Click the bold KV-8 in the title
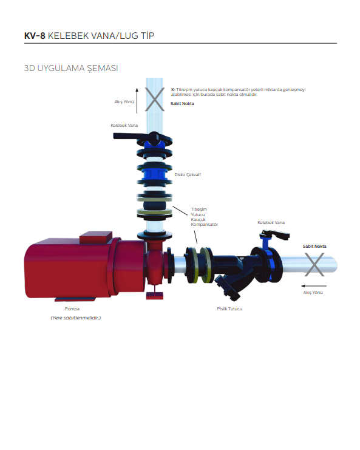click(35, 36)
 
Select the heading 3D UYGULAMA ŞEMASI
click(71, 68)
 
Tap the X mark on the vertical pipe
click(155, 100)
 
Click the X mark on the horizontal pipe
click(314, 264)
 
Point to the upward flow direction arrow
click(137, 100)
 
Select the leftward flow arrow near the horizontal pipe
click(314, 286)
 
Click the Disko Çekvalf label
click(188, 174)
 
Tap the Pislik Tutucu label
click(229, 309)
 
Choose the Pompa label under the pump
click(72, 309)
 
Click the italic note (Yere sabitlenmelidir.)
click(76, 318)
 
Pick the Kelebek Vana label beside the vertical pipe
click(124, 126)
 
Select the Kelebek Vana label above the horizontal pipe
click(271, 222)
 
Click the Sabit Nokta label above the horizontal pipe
click(314, 246)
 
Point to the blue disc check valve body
click(154, 174)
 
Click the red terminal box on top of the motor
click(96, 237)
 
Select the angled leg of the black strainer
click(228, 288)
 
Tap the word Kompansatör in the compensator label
click(205, 225)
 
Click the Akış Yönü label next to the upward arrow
click(124, 102)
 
